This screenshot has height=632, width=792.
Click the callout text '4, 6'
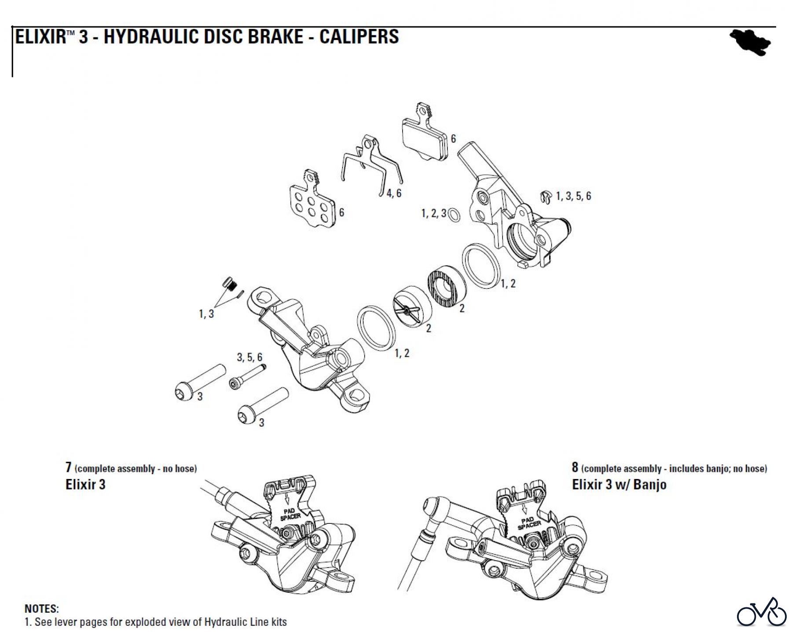point(394,193)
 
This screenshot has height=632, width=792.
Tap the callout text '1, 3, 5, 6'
point(573,196)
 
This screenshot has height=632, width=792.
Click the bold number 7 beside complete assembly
point(68,467)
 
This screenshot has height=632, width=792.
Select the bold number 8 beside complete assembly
point(575,467)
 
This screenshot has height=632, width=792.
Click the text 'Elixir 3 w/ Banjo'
point(619,485)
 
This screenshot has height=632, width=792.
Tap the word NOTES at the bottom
point(41,609)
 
